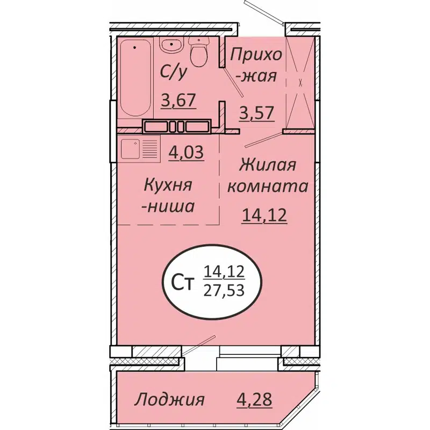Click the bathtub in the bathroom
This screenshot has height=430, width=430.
[x=135, y=78]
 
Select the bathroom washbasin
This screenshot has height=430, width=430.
[x=171, y=46]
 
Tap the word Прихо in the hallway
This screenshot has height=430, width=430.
[x=256, y=54]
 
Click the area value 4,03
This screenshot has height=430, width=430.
[x=186, y=153]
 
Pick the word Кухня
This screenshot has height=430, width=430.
[x=168, y=185]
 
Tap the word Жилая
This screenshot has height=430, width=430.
[x=268, y=164]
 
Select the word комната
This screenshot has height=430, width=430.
[x=268, y=187]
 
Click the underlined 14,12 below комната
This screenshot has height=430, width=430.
[x=263, y=216]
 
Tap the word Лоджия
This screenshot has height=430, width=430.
[x=169, y=399]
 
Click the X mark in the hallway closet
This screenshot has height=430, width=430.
[x=300, y=83]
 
